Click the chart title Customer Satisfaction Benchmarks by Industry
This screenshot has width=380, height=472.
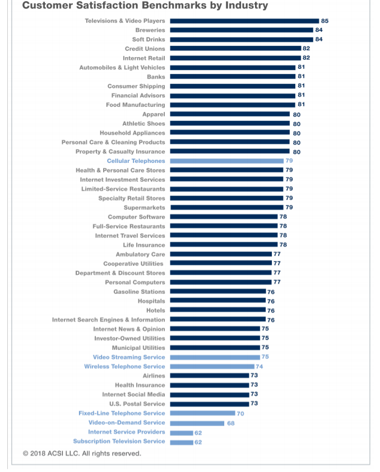(145, 6)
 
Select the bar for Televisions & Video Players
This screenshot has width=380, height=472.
(244, 21)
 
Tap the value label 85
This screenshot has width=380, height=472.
(325, 21)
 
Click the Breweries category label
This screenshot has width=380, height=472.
(150, 30)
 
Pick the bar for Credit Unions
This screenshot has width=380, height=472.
(235, 49)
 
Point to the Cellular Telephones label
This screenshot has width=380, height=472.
(136, 161)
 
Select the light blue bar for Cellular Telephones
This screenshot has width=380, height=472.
(226, 161)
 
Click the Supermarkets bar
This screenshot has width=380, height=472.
(226, 208)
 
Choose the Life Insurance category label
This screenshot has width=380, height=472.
(144, 245)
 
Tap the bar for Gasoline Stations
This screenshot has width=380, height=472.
(218, 292)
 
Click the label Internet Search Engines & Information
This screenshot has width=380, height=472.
(109, 320)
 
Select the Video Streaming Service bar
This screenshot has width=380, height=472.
(215, 357)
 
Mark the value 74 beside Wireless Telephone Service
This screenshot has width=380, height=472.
(259, 367)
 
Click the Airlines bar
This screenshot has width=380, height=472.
(210, 376)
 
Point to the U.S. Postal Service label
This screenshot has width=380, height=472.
(137, 404)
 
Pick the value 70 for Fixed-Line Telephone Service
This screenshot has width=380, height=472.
(240, 413)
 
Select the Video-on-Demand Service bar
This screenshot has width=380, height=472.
(197, 423)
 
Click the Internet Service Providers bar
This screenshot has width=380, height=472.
(182, 432)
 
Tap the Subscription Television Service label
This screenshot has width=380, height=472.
(119, 441)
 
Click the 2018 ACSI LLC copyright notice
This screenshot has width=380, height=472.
(82, 454)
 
